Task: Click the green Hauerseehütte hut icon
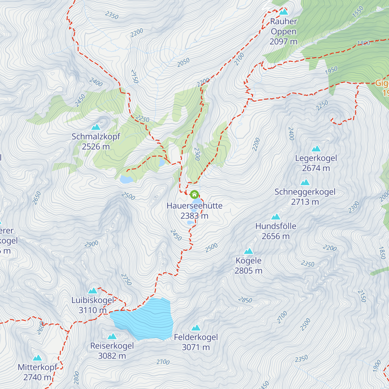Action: (x=194, y=194)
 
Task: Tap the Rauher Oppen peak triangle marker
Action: (x=284, y=12)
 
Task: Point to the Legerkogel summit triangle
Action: (x=316, y=149)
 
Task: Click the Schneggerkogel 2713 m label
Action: (x=305, y=197)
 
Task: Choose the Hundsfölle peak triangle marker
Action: (x=276, y=217)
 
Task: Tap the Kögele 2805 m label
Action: (x=249, y=265)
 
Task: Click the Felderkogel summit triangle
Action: (x=196, y=328)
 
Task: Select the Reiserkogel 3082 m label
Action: (x=112, y=351)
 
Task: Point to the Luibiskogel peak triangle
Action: (x=93, y=291)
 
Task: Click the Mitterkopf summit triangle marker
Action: (x=38, y=358)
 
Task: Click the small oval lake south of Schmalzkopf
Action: (x=126, y=179)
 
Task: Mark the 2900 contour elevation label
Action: (x=92, y=244)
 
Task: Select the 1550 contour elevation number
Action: (x=358, y=12)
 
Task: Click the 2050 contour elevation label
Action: (x=183, y=63)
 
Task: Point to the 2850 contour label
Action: (x=245, y=300)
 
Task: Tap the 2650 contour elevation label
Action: (x=37, y=198)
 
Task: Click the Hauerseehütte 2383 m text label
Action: (x=194, y=211)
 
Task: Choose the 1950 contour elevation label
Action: (x=331, y=71)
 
